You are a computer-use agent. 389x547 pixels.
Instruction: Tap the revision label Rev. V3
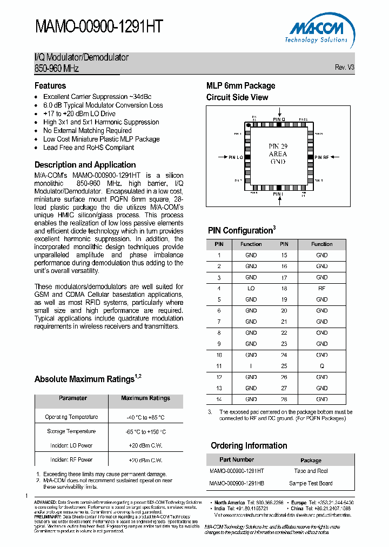point(344,68)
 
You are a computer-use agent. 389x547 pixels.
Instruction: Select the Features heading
point(50,86)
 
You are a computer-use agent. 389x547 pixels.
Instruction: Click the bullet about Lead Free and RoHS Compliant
point(89,148)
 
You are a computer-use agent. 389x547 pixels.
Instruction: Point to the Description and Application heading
point(85,165)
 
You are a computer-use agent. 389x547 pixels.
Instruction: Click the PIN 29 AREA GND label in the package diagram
point(278,154)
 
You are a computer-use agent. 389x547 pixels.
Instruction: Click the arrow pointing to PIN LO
point(222,157)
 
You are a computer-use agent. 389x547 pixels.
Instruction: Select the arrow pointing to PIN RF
point(336,157)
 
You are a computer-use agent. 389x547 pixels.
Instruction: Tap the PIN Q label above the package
point(278,119)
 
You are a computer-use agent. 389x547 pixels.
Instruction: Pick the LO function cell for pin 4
point(251,289)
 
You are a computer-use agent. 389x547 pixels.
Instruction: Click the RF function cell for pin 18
point(322,289)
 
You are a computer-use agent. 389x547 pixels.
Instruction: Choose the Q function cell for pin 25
point(322,366)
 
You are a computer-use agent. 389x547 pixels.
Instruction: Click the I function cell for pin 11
point(251,366)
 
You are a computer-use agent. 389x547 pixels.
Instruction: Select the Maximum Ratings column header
point(145,398)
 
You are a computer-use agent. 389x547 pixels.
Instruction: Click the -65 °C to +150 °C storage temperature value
point(145,432)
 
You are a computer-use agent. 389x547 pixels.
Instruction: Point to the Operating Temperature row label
point(71,417)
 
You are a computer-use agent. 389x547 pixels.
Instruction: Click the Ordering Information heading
point(249,446)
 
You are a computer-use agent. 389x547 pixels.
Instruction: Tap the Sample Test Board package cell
point(311,483)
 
